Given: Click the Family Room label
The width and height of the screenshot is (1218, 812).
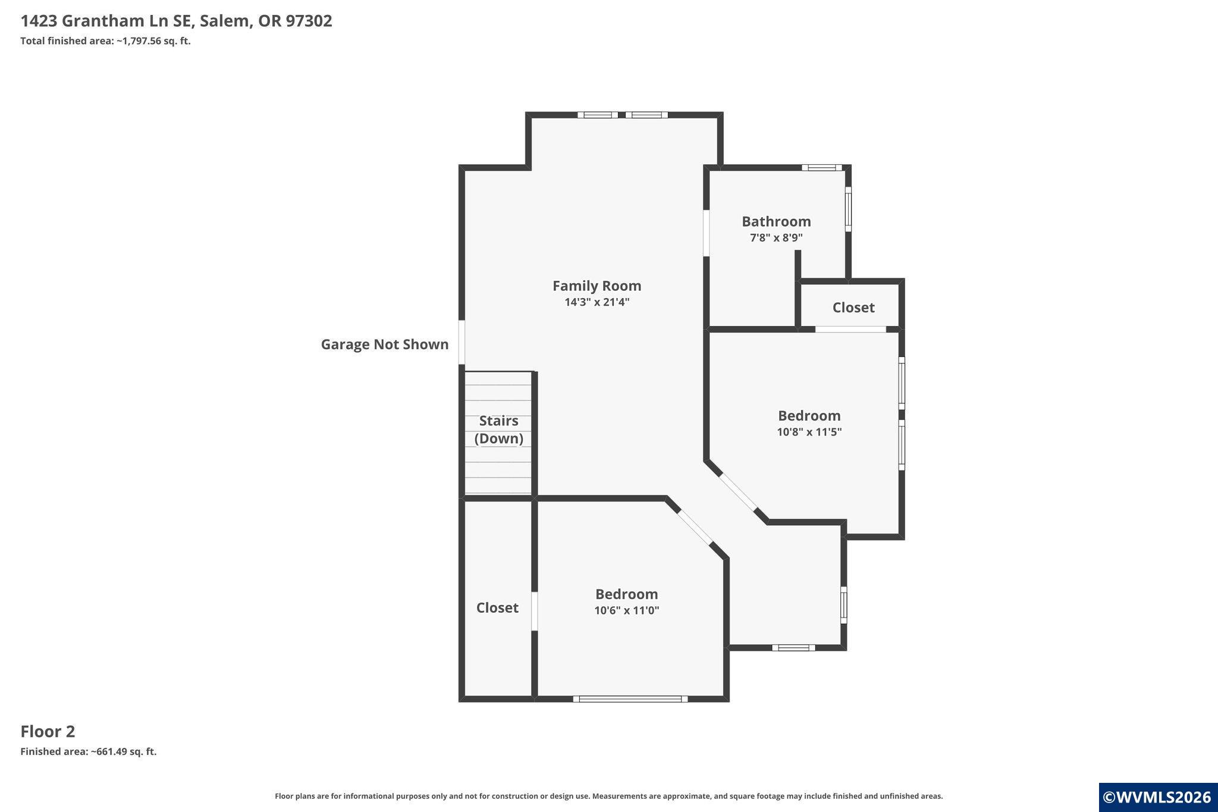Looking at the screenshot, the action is pos(597,286).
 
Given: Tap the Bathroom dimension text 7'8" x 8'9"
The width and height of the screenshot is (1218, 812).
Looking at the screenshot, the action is pos(776,238).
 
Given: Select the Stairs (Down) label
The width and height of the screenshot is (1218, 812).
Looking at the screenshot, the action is pos(498,429).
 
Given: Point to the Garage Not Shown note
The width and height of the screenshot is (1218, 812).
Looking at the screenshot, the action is pos(385,344).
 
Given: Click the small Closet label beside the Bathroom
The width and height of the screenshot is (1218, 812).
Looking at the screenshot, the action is pos(853,308).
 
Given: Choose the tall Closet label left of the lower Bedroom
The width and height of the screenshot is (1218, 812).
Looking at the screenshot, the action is pos(497,607).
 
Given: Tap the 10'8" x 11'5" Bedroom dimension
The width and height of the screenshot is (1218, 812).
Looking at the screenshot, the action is pos(809,432).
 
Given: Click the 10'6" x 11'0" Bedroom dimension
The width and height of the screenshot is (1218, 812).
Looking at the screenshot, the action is pos(627,610).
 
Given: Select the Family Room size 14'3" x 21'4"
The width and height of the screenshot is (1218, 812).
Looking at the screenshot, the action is pos(597,302).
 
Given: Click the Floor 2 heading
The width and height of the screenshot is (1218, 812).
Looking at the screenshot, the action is pos(48,731).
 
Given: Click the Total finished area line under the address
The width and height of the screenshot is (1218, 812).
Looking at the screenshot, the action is pos(105,41).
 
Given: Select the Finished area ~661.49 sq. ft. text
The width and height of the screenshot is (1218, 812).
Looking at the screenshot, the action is pos(89,751).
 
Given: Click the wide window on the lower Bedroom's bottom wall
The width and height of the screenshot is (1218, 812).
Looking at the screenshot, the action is pos(630,699).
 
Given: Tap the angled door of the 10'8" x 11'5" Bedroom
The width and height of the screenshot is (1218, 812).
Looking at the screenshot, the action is pos(739,491).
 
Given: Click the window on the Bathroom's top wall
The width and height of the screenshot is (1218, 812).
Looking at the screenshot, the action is pos(822,168).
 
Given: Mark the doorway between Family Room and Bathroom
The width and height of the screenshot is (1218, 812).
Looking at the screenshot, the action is pos(707,233).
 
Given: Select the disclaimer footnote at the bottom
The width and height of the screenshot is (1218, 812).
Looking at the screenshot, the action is pos(609,796).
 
